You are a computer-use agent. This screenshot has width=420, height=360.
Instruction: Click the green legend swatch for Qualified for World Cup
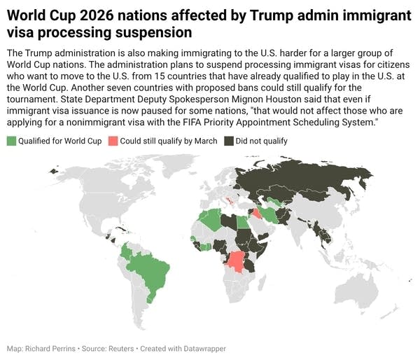tap(10, 141)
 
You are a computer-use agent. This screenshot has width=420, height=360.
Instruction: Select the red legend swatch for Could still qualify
tap(113, 141)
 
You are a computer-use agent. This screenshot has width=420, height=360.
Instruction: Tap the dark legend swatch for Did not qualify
tap(229, 141)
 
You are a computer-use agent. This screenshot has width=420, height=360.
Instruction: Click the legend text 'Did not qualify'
tap(261, 141)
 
